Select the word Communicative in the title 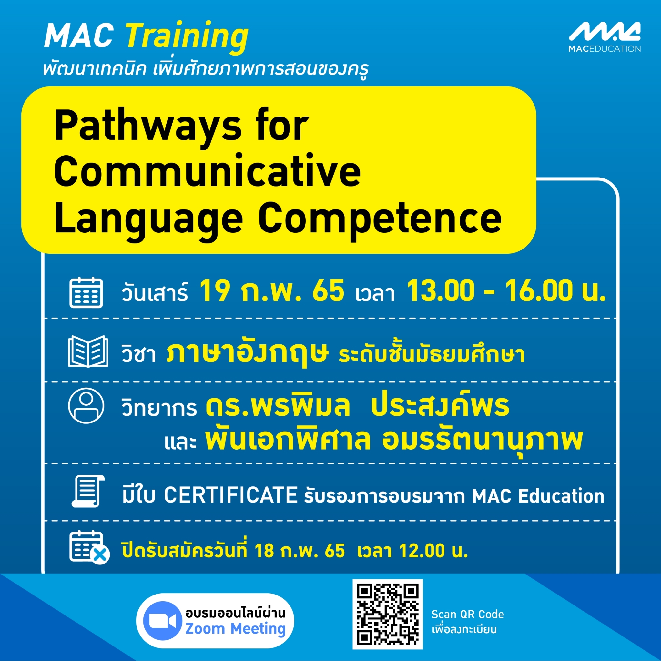point(208,171)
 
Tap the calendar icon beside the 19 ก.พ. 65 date point(86,292)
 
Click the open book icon point(88,351)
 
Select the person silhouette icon point(86,405)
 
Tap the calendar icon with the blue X point(89,547)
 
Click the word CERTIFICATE point(230,495)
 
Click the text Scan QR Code point(468,615)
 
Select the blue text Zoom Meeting point(235,629)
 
